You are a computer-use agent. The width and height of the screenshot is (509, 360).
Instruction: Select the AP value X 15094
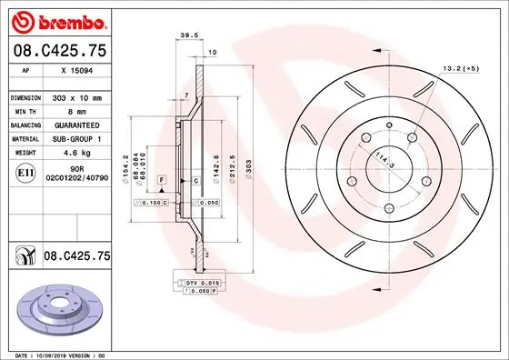(x=76, y=70)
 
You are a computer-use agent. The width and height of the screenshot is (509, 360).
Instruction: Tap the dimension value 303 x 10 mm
(x=78, y=96)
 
